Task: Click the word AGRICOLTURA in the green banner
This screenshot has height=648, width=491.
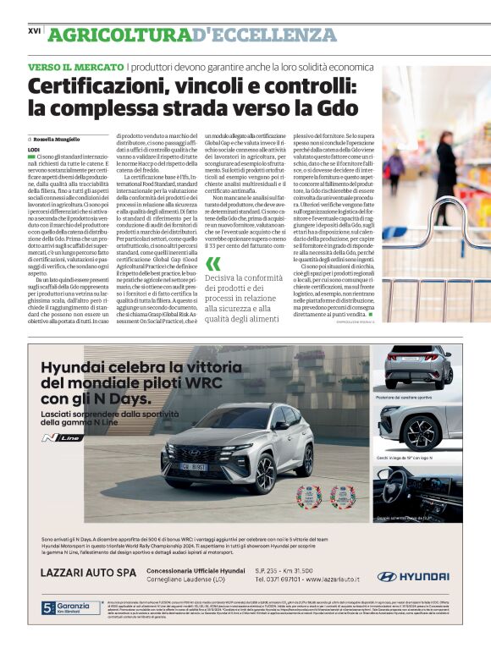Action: (x=119, y=35)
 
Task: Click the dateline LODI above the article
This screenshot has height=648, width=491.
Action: (x=34, y=149)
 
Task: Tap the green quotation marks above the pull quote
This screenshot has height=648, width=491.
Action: (x=212, y=263)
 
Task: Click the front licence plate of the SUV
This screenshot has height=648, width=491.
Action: (x=196, y=467)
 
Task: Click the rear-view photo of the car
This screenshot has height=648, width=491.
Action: (x=417, y=366)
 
